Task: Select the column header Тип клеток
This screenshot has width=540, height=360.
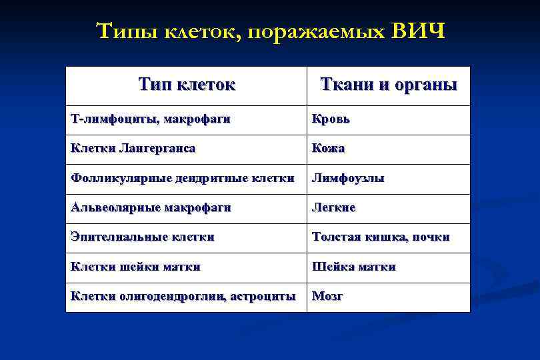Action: [x=187, y=85]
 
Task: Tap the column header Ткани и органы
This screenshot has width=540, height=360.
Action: [x=389, y=85]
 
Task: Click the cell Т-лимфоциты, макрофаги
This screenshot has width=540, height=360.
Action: [x=151, y=119]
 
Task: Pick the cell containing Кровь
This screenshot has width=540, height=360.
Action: [x=331, y=119]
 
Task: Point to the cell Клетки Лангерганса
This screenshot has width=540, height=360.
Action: [x=133, y=149]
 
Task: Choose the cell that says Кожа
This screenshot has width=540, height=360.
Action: [x=329, y=149]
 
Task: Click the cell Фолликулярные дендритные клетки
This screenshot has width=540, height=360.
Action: [x=183, y=178]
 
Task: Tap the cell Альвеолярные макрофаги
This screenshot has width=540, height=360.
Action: [x=151, y=207]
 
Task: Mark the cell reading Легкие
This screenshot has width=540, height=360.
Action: [x=334, y=207]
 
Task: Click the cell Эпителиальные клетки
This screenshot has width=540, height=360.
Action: [x=143, y=237]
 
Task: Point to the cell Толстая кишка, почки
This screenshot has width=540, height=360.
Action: [x=381, y=237]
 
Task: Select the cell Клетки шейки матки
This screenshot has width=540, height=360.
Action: [x=136, y=266]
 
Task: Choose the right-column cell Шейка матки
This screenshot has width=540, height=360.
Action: [x=354, y=266]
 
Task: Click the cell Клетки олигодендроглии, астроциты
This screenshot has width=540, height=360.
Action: [x=183, y=296]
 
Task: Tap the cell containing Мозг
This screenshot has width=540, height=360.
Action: [x=327, y=296]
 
